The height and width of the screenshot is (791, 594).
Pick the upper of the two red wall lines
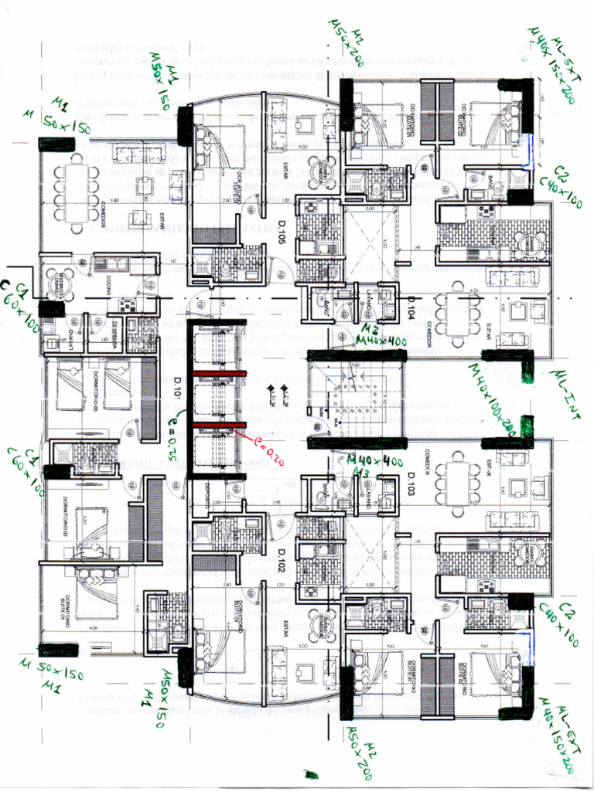coord(217,374)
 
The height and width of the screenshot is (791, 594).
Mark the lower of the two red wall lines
coord(217,425)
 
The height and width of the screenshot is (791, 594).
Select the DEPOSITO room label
coord(209,494)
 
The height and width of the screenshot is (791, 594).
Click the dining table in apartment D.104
coord(456,313)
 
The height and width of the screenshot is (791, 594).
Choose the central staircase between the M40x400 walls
coord(356,398)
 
